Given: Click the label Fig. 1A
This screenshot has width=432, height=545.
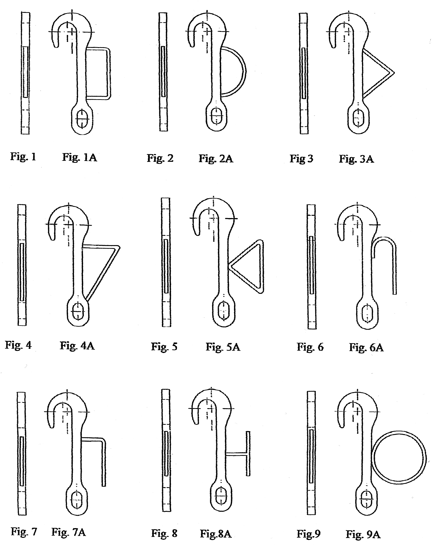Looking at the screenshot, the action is [x=80, y=157].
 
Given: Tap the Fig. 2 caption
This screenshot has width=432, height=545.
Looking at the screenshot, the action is [x=160, y=159].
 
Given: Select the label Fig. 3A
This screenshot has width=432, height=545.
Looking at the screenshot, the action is [x=356, y=159].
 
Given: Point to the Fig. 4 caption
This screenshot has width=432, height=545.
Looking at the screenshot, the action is [x=18, y=345].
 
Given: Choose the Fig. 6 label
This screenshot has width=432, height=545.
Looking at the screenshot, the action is [x=310, y=347].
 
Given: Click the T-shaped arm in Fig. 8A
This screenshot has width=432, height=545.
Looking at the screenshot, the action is [x=248, y=454].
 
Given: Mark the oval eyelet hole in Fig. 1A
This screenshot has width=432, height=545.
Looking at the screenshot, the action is [x=82, y=119].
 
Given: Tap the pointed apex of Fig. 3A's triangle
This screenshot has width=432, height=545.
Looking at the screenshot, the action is [x=394, y=73].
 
